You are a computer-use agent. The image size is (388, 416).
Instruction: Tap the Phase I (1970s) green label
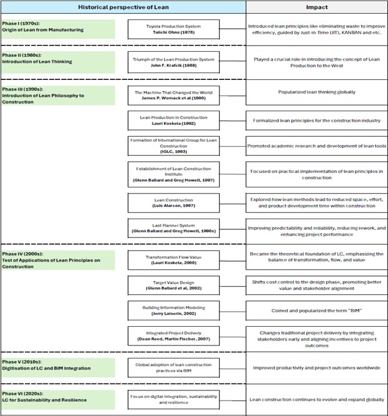(58, 29)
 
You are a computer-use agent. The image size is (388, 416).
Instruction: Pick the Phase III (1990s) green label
(58, 96)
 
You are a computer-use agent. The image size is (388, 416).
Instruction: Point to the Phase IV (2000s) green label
(58, 260)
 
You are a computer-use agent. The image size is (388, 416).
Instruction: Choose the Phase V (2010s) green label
(58, 365)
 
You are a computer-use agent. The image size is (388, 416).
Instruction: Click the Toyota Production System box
(174, 29)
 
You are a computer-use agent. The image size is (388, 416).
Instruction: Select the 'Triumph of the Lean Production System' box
(174, 63)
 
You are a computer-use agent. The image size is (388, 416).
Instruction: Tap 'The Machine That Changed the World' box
(174, 96)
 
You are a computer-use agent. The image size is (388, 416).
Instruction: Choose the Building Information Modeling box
(174, 311)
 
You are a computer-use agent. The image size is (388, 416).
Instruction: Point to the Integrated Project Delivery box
(174, 337)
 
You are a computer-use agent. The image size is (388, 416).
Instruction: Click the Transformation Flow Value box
(174, 260)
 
